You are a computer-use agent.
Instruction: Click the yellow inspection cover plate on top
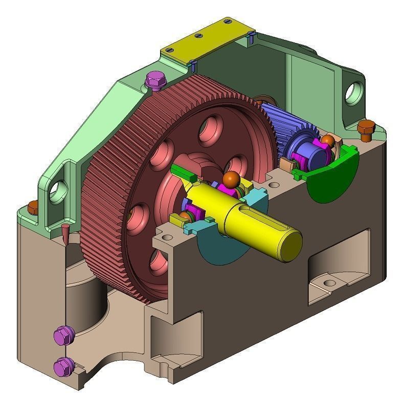210,38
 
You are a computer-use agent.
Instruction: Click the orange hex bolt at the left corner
33,206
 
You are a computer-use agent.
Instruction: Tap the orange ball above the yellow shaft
231,179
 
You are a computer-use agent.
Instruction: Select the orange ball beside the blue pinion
328,140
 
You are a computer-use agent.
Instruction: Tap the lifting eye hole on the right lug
352,92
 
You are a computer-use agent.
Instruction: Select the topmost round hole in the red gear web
210,128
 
